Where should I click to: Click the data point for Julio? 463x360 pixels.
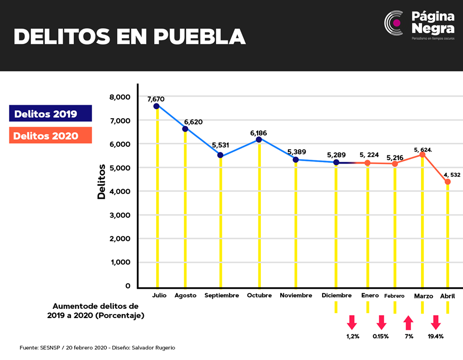click(156, 106)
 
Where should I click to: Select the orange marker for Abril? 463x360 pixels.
click(448, 182)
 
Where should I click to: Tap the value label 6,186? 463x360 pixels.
click(259, 133)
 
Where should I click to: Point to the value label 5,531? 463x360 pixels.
click(220, 145)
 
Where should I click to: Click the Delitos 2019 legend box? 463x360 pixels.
click(51, 113)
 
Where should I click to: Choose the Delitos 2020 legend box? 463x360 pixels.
click(51, 135)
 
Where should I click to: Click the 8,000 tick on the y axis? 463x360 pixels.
click(120, 97)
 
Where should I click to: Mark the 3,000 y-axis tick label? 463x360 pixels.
click(120, 215)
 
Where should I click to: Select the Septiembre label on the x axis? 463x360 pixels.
click(222, 295)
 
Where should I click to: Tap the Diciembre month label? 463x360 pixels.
click(337, 295)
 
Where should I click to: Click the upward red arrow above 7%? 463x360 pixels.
click(409, 323)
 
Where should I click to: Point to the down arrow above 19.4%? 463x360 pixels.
click(436, 322)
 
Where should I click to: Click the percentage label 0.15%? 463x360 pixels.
click(381, 336)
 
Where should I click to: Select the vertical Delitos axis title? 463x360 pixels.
click(101, 182)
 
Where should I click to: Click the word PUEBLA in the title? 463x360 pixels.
click(200, 37)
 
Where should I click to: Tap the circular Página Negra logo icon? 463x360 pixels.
click(394, 23)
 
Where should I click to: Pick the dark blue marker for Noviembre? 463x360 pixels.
click(296, 160)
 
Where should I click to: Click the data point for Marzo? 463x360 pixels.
click(422, 154)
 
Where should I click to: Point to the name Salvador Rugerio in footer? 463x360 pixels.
click(153, 347)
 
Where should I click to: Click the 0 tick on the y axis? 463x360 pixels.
click(127, 286)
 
